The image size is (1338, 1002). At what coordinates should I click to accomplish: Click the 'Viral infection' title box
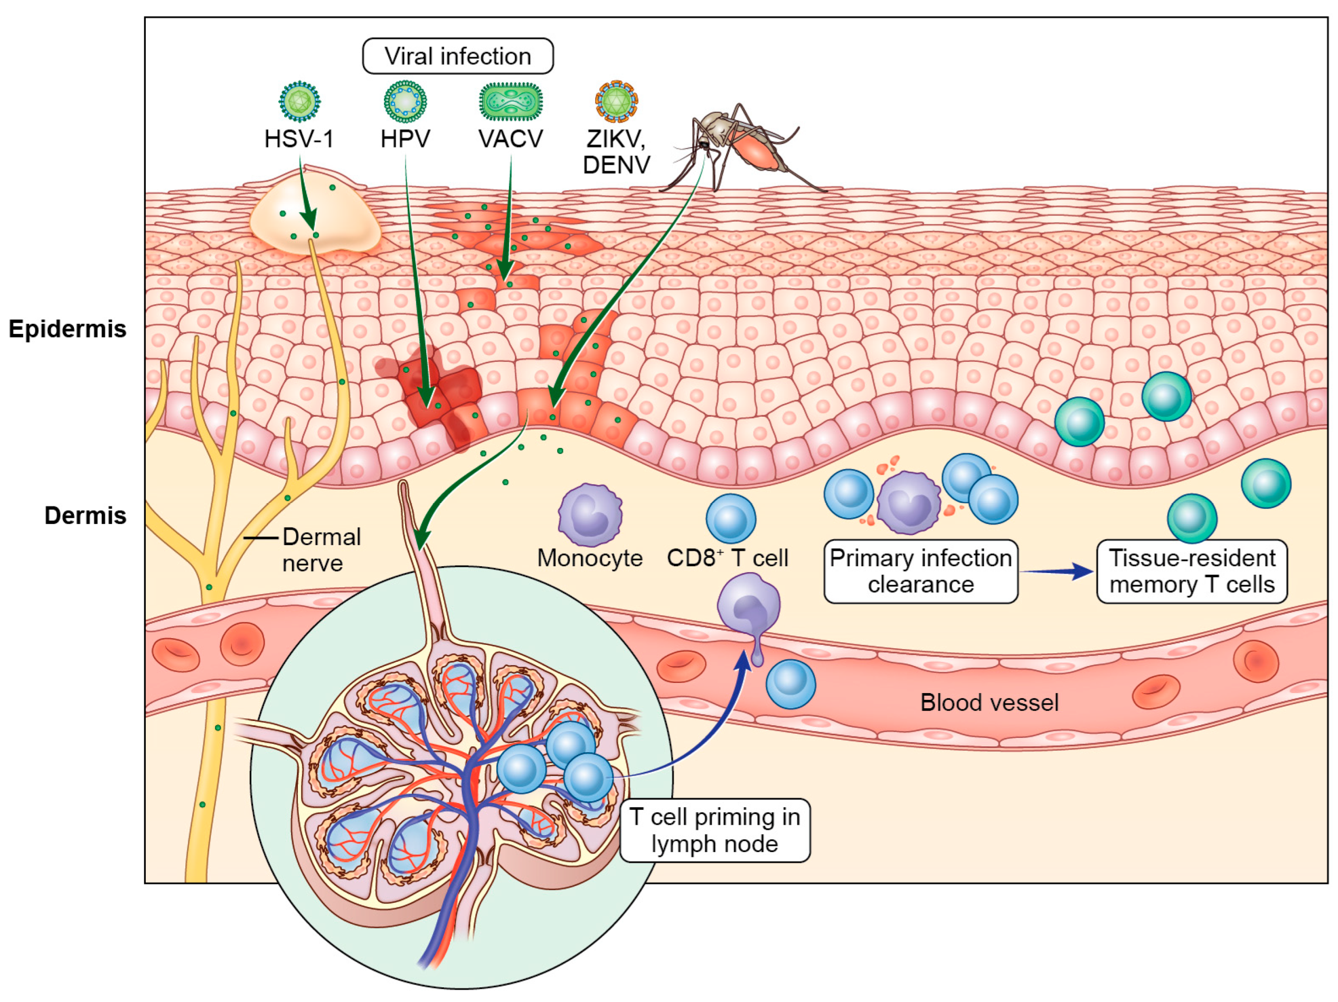tap(457, 57)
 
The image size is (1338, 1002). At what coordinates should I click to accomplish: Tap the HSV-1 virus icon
tap(299, 101)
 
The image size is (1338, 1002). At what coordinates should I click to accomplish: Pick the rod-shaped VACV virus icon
tap(511, 101)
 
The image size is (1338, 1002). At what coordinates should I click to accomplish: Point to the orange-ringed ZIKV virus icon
tap(616, 101)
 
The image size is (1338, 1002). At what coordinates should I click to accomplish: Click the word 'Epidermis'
tap(67, 329)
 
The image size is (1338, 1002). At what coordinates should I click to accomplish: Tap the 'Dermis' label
tap(86, 515)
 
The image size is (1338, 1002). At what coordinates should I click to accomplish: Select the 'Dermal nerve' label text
tap(321, 549)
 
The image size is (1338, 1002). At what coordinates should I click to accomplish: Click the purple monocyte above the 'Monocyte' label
tap(590, 514)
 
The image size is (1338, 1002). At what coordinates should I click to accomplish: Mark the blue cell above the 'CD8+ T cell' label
tap(731, 518)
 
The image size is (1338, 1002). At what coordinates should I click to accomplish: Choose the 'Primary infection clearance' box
tap(921, 570)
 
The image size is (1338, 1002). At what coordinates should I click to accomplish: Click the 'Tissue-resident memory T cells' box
tap(1192, 570)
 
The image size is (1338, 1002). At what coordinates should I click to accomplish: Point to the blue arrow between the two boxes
tap(1057, 570)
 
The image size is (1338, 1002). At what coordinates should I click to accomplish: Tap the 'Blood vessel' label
tap(989, 703)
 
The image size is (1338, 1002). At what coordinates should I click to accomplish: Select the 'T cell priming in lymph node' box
tap(714, 830)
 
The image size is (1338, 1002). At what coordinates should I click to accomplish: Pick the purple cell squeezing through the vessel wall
tap(749, 608)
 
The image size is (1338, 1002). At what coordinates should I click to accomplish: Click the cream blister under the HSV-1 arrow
tap(315, 218)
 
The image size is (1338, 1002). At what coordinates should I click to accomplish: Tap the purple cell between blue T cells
tap(908, 502)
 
